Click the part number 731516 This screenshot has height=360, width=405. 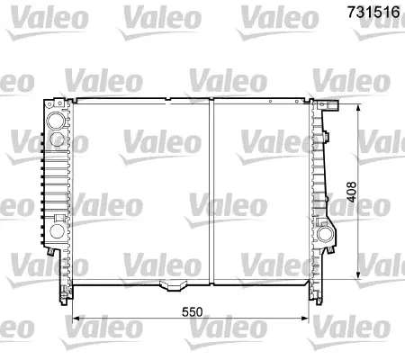[x=373, y=12]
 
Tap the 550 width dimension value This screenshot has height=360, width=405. [x=192, y=312]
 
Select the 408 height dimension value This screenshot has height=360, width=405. [x=351, y=192]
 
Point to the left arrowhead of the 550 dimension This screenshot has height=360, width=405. [x=76, y=318]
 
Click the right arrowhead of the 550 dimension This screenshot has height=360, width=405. [x=305, y=318]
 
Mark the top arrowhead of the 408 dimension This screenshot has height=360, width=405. [x=357, y=108]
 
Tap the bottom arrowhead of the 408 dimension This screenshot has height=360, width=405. [x=357, y=275]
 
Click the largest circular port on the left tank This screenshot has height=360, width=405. [x=56, y=121]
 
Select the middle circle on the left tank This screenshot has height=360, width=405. [x=57, y=139]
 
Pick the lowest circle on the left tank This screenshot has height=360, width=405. [x=57, y=231]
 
